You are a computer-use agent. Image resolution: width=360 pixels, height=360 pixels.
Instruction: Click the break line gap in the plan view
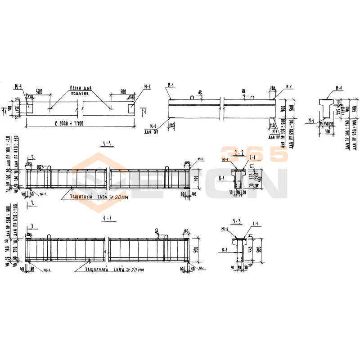point(80,108)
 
